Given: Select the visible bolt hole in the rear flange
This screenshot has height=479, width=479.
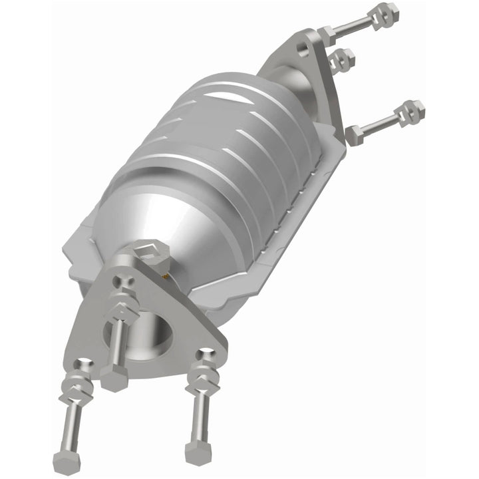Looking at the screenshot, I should point(303,49).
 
